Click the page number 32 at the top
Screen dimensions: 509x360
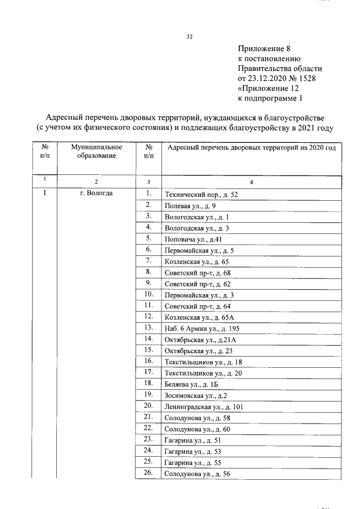[x=190, y=37]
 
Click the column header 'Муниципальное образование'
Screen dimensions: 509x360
[x=96, y=151]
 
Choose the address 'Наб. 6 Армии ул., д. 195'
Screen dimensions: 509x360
[x=202, y=328]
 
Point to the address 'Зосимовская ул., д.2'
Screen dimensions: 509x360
[x=195, y=395]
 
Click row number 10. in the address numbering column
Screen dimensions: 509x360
[x=148, y=294]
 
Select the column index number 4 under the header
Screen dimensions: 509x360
[x=251, y=182]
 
